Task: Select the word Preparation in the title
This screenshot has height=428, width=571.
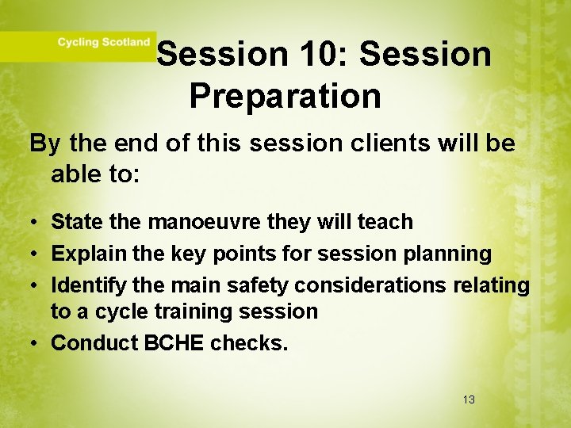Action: (x=285, y=97)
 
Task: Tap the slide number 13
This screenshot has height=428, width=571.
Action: (x=469, y=399)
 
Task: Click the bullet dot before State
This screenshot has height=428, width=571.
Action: (x=36, y=223)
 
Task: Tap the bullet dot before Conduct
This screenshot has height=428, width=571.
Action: (x=36, y=342)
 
